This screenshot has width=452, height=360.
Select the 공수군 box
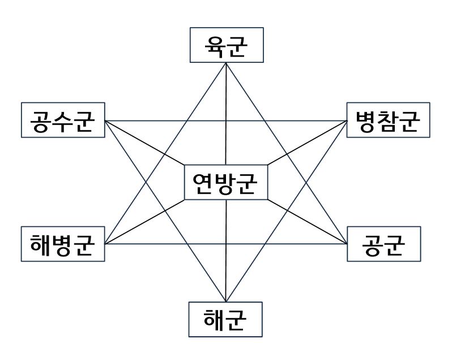point(63,120)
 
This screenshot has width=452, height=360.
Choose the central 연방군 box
point(226,182)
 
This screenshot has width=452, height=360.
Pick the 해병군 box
point(63,245)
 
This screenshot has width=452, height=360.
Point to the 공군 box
point(383,244)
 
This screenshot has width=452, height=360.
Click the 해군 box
point(226,319)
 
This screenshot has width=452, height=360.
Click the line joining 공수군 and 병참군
point(227,121)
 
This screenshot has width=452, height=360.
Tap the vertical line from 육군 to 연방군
point(226,113)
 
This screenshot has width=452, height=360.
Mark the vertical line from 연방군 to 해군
point(226,252)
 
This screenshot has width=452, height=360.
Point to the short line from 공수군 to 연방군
point(145,143)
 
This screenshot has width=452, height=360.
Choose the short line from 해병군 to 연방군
point(145,222)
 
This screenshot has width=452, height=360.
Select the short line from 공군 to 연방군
point(307,222)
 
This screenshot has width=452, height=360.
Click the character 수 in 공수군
point(63,120)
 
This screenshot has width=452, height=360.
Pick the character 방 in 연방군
point(226,182)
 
